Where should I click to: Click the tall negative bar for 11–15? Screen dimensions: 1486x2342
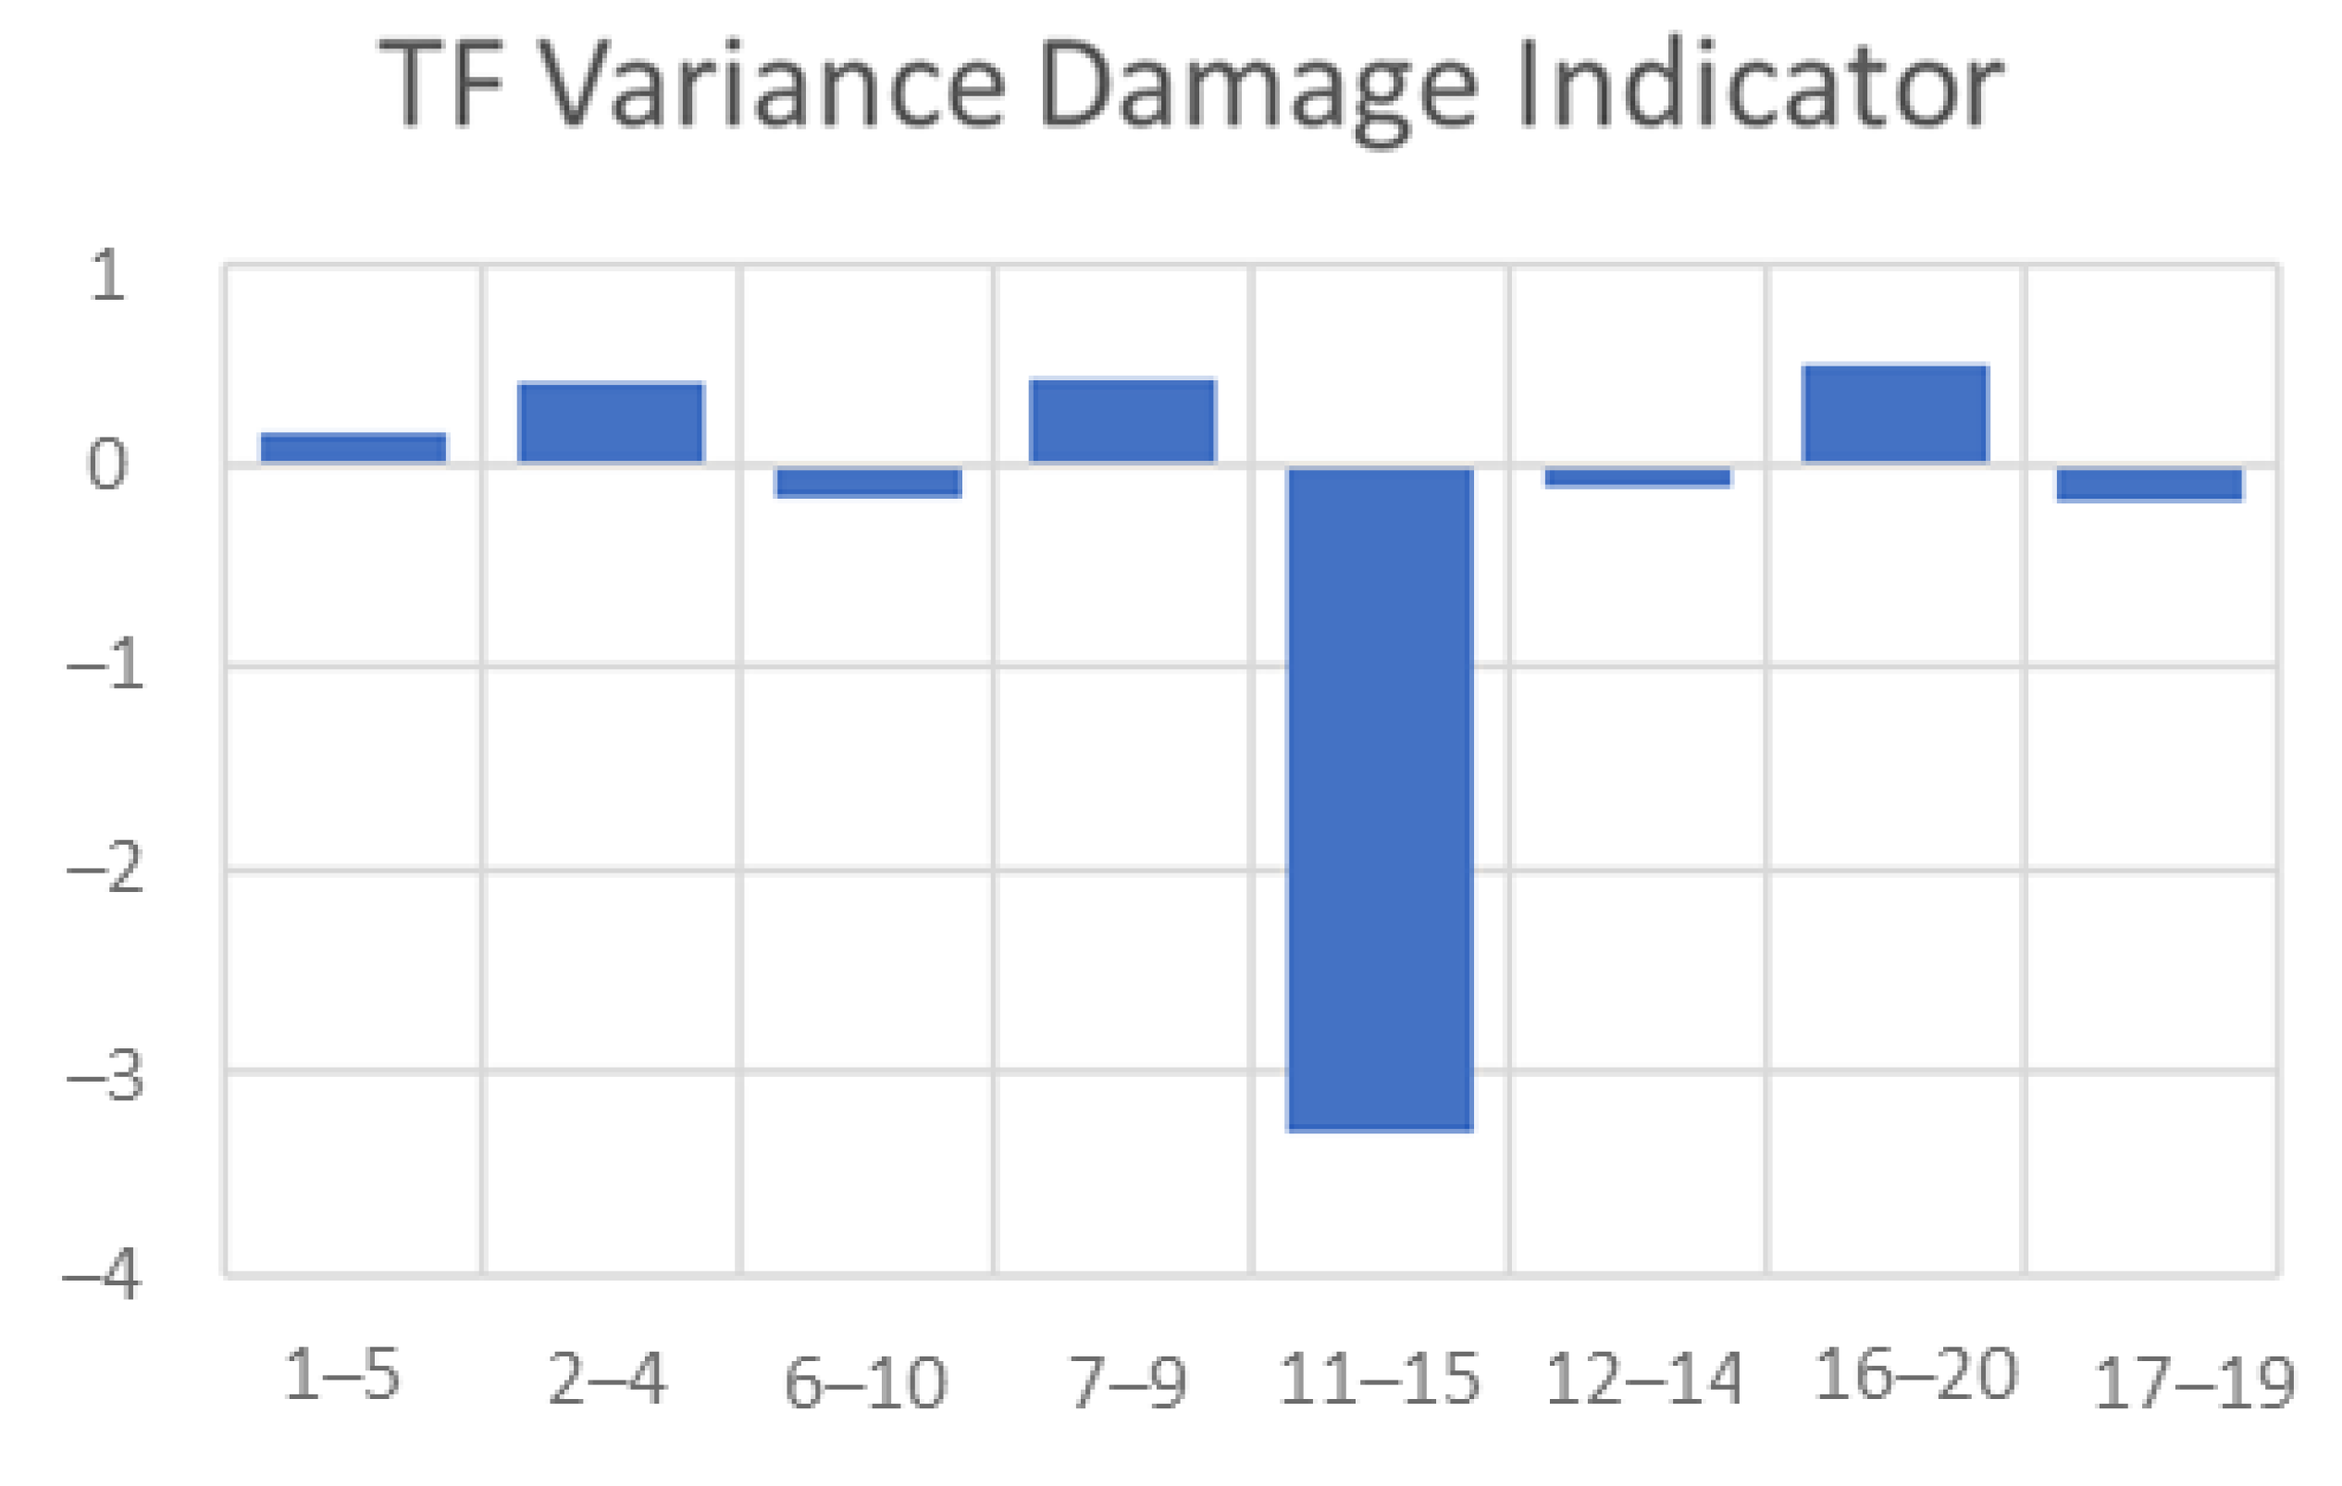pyautogui.click(x=1379, y=798)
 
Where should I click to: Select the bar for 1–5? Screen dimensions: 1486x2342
pyautogui.click(x=353, y=447)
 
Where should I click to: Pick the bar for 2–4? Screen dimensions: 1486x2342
pyautogui.click(x=611, y=422)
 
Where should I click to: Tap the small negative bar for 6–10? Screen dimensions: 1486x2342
pyautogui.click(x=868, y=482)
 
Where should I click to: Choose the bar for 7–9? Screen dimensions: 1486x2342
pyautogui.click(x=1122, y=420)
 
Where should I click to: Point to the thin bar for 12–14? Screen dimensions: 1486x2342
pyautogui.click(x=1638, y=477)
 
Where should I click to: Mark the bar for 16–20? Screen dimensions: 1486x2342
pyautogui.click(x=1895, y=414)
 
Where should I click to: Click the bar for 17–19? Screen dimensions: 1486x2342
pyautogui.click(x=2150, y=484)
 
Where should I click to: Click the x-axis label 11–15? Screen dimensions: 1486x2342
pyautogui.click(x=1379, y=1379)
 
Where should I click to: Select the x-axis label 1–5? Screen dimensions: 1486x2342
pyautogui.click(x=341, y=1375)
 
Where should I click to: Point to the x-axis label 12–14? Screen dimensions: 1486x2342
pyautogui.click(x=1642, y=1379)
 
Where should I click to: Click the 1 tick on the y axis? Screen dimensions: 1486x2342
pyautogui.click(x=107, y=275)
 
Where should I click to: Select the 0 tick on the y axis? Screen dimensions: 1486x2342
pyautogui.click(x=107, y=464)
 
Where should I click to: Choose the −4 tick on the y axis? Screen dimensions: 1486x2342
pyautogui.click(x=101, y=1274)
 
